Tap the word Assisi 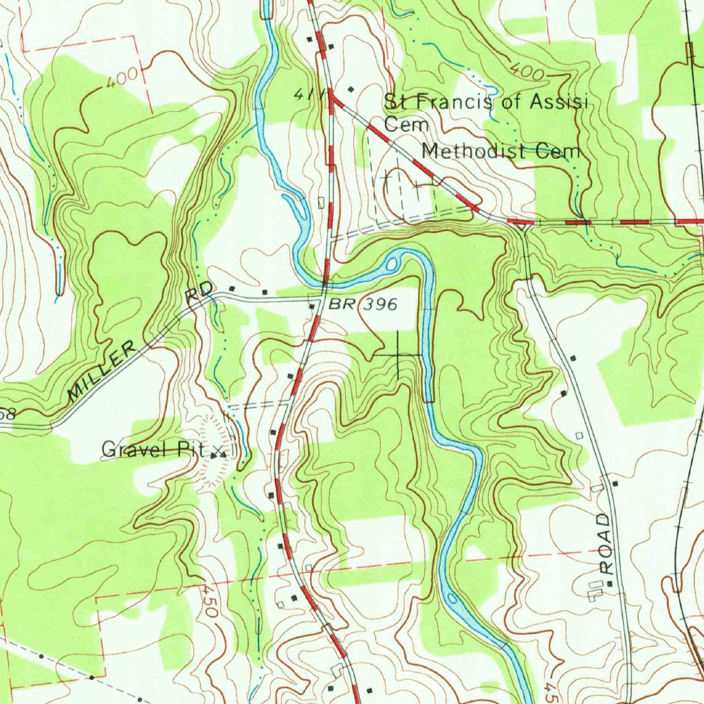560,102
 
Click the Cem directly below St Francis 406,125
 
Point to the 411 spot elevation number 303,94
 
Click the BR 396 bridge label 362,305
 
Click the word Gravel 135,450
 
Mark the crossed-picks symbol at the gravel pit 219,453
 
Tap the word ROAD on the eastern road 605,543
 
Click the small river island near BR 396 393,263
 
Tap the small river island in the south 452,598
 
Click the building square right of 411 352,89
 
